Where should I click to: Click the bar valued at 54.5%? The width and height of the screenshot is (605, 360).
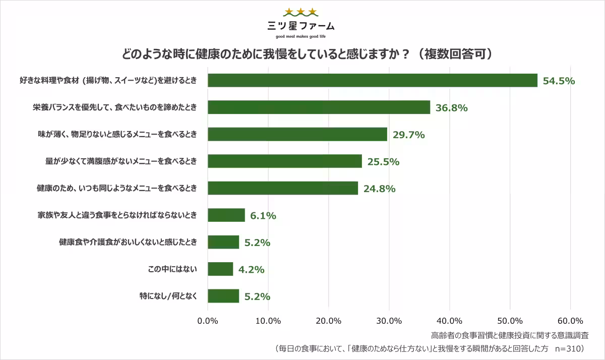pos(373,80)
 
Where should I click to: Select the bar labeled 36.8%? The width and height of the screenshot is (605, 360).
pos(319,107)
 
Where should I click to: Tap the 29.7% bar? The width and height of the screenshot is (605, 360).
pos(297,134)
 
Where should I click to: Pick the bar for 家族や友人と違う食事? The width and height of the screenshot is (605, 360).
pos(226,215)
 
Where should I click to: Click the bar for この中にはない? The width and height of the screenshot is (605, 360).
pos(220,269)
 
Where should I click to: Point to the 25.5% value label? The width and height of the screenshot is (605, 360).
pos(383,162)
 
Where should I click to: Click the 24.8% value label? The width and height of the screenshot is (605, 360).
pos(379,189)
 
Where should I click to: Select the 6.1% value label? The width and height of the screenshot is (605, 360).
pos(263,216)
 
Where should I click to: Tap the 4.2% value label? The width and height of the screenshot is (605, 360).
pos(251,270)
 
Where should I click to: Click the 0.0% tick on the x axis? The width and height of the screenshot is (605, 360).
pos(208,321)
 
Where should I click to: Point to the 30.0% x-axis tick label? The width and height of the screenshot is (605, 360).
pos(389,321)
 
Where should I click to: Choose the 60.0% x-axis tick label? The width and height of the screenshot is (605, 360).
pos(570,321)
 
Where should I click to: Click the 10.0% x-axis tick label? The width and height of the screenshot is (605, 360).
pos(268,321)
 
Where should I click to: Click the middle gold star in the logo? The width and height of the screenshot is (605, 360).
pos(300,12)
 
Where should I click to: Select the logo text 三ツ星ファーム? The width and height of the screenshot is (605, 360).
pos(300,26)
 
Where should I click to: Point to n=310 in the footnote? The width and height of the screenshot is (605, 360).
pos(569,348)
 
